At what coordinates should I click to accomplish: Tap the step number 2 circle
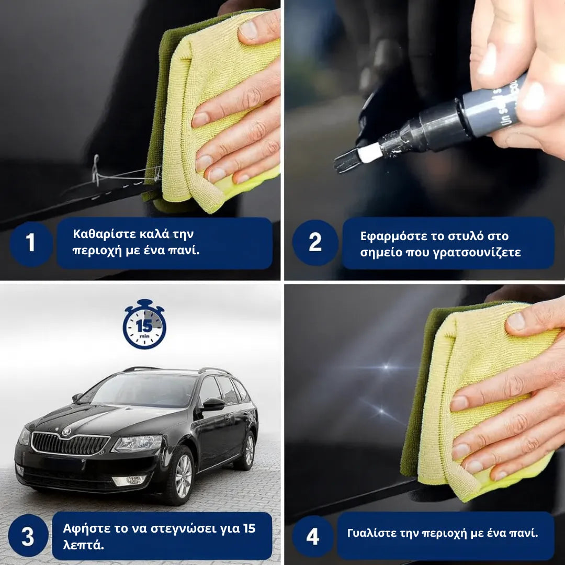pos(315,243)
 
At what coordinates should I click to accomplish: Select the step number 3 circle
pos(28,536)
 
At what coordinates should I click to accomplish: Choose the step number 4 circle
pos(312,536)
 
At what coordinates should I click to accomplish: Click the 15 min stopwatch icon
pos(144,325)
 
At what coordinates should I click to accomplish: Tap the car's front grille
pos(70,444)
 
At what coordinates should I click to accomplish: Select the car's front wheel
pos(183,476)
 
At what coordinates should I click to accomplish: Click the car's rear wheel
pos(248,450)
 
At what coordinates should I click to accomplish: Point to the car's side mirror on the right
pos(213,403)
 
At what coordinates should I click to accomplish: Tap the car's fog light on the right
pos(129,480)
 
